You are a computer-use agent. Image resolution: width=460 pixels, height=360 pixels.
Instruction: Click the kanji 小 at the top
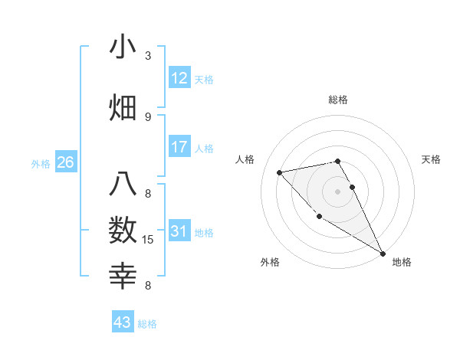coord(123,47)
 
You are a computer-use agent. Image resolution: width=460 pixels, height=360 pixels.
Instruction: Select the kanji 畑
coord(123,106)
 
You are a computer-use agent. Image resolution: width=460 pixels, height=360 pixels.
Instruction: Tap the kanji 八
coord(123,185)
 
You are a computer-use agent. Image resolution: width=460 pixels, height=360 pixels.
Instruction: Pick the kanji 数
coord(123,230)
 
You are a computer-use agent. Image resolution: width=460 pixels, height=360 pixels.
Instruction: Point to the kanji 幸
coord(123,274)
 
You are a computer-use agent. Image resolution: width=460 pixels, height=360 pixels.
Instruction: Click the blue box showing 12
coord(179,79)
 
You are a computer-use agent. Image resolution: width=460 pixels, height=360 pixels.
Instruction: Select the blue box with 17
coord(179,148)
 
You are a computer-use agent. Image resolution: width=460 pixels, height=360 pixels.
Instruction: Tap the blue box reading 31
coord(179,232)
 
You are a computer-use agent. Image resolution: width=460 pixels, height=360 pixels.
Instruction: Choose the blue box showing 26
coord(66,162)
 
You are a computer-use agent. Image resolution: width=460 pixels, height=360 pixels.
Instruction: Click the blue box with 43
coord(123,322)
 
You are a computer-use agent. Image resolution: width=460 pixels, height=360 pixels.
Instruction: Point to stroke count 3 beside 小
coord(148,56)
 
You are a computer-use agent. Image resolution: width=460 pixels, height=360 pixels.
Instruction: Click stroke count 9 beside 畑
coord(148,116)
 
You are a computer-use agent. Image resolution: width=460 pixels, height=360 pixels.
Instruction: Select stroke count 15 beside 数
coord(149,240)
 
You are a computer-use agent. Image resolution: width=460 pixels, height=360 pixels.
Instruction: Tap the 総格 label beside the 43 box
coord(147,324)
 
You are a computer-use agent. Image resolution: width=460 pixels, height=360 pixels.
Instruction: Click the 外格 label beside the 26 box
coord(41,163)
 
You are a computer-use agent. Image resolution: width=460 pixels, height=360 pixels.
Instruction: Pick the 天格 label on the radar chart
coord(432,159)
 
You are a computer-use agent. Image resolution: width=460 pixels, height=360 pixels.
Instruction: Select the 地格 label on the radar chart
coord(402,262)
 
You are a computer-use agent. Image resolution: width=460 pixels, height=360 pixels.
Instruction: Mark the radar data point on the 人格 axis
coord(280,172)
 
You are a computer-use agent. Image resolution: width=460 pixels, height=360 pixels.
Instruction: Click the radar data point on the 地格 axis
coord(383,254)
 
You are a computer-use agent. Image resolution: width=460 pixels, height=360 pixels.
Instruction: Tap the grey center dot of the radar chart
coord(338,191)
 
